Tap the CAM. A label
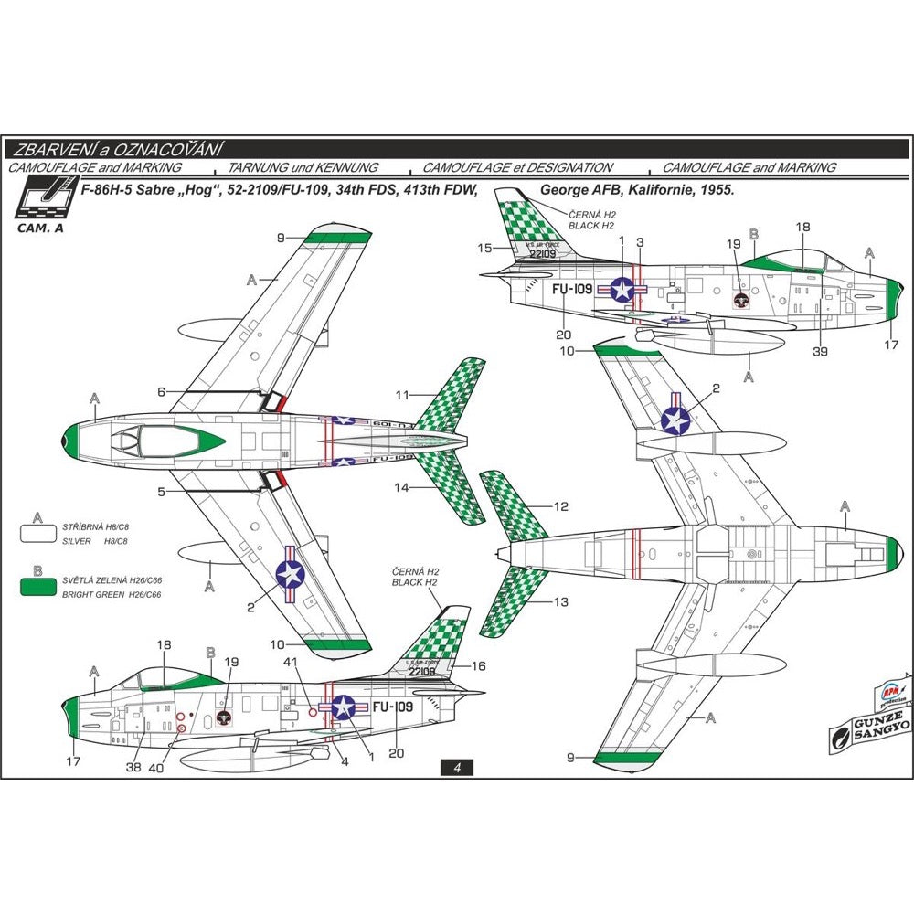point(40,228)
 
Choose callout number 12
point(561,505)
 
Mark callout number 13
point(561,602)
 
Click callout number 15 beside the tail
point(485,248)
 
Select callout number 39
point(820,352)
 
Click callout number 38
point(134,768)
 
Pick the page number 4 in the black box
point(456,768)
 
